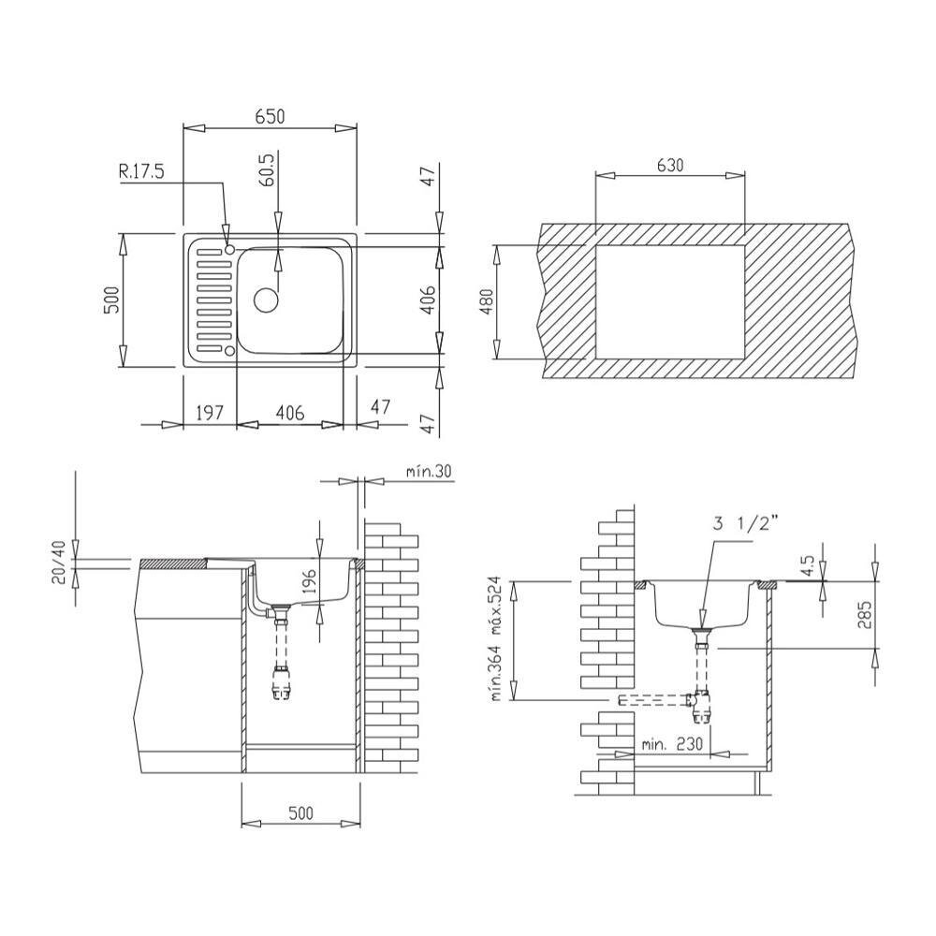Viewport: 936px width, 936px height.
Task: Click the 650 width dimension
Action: (x=270, y=116)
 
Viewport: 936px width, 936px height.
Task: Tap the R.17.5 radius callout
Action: (x=141, y=172)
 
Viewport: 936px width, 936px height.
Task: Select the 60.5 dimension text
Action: (x=268, y=170)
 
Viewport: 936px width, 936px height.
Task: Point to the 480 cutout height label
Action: (x=486, y=302)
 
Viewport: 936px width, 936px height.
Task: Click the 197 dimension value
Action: (x=210, y=412)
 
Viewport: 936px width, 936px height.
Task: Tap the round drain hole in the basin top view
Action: (x=266, y=300)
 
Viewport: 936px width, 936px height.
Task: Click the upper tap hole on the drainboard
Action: (x=229, y=248)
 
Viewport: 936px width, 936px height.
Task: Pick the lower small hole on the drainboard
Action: (x=228, y=350)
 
